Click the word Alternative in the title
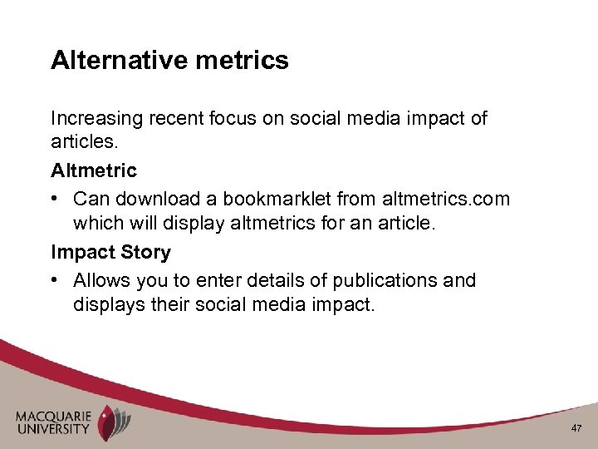[x=118, y=60]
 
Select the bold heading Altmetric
[x=94, y=171]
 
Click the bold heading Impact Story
[x=110, y=252]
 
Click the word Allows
[x=100, y=279]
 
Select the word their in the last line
[x=170, y=305]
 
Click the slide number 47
[x=576, y=427]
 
